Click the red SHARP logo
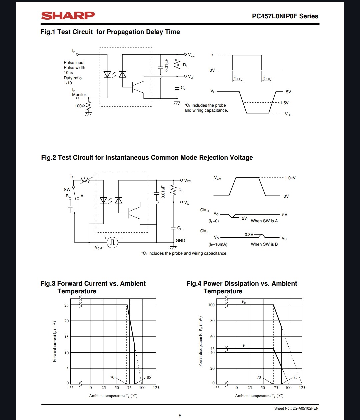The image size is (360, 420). [x=68, y=16]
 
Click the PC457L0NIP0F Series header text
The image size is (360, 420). [x=285, y=16]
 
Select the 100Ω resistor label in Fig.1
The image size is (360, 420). [x=80, y=106]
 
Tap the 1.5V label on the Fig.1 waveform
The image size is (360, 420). [x=284, y=103]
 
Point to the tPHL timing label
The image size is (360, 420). [x=237, y=79]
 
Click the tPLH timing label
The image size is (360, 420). [x=267, y=79]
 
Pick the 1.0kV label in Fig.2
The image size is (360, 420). [x=290, y=178]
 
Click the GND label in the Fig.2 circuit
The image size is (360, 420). [x=180, y=241]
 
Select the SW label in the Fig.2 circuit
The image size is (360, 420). [x=67, y=190]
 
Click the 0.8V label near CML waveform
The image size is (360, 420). [x=249, y=235]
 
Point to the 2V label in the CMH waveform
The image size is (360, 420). [x=244, y=218]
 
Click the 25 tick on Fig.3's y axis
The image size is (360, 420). [x=67, y=305]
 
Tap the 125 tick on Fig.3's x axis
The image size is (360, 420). [x=156, y=388]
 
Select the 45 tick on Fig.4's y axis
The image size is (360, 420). [x=212, y=349]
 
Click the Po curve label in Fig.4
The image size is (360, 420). [x=244, y=302]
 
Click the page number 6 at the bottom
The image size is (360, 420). [x=180, y=416]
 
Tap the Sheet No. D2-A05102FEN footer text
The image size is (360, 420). [x=296, y=408]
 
